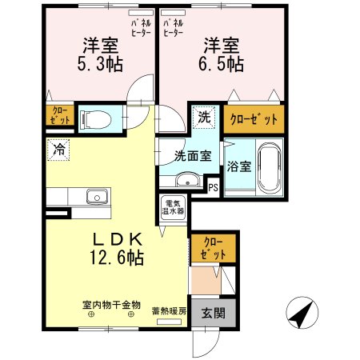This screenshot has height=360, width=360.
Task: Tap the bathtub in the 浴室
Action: (x=270, y=168)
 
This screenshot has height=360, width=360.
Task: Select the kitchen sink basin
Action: (x=98, y=197)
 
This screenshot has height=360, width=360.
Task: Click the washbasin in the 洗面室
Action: (x=187, y=180)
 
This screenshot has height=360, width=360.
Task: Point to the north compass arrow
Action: (x=302, y=313)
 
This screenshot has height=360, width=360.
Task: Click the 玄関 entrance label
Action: (x=213, y=313)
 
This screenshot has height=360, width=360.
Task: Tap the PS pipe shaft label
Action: (x=213, y=188)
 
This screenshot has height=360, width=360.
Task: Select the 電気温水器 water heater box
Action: (x=173, y=208)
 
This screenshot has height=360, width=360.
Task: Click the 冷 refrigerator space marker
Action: (x=58, y=150)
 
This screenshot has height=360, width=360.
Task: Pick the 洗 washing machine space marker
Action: (x=204, y=118)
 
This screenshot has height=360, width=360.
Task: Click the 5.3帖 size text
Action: (x=100, y=65)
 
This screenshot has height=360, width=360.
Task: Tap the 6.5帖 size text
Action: (x=221, y=65)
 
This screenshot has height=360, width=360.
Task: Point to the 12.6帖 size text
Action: (x=117, y=258)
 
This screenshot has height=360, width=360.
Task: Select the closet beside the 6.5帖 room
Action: (x=254, y=119)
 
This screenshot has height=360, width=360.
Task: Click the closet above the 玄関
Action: (x=213, y=248)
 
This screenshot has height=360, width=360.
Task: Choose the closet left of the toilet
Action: (x=60, y=115)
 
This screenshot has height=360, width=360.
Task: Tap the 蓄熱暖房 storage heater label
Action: (x=169, y=311)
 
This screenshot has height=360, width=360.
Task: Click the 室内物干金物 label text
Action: (x=111, y=305)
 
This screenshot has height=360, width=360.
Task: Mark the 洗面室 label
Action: (x=193, y=156)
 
